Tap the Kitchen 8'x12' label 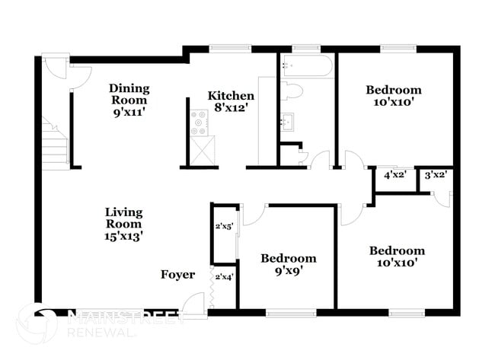click(231, 102)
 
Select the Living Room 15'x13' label click(123, 224)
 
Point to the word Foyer click(177, 275)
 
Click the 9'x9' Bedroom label click(288, 264)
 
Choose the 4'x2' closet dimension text click(394, 175)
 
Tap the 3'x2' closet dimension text click(436, 175)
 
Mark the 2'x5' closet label click(223, 226)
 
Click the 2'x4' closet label click(223, 276)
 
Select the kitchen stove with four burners click(200, 122)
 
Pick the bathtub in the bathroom click(306, 66)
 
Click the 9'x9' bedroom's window click(290, 311)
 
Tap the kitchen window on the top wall click(230, 49)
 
